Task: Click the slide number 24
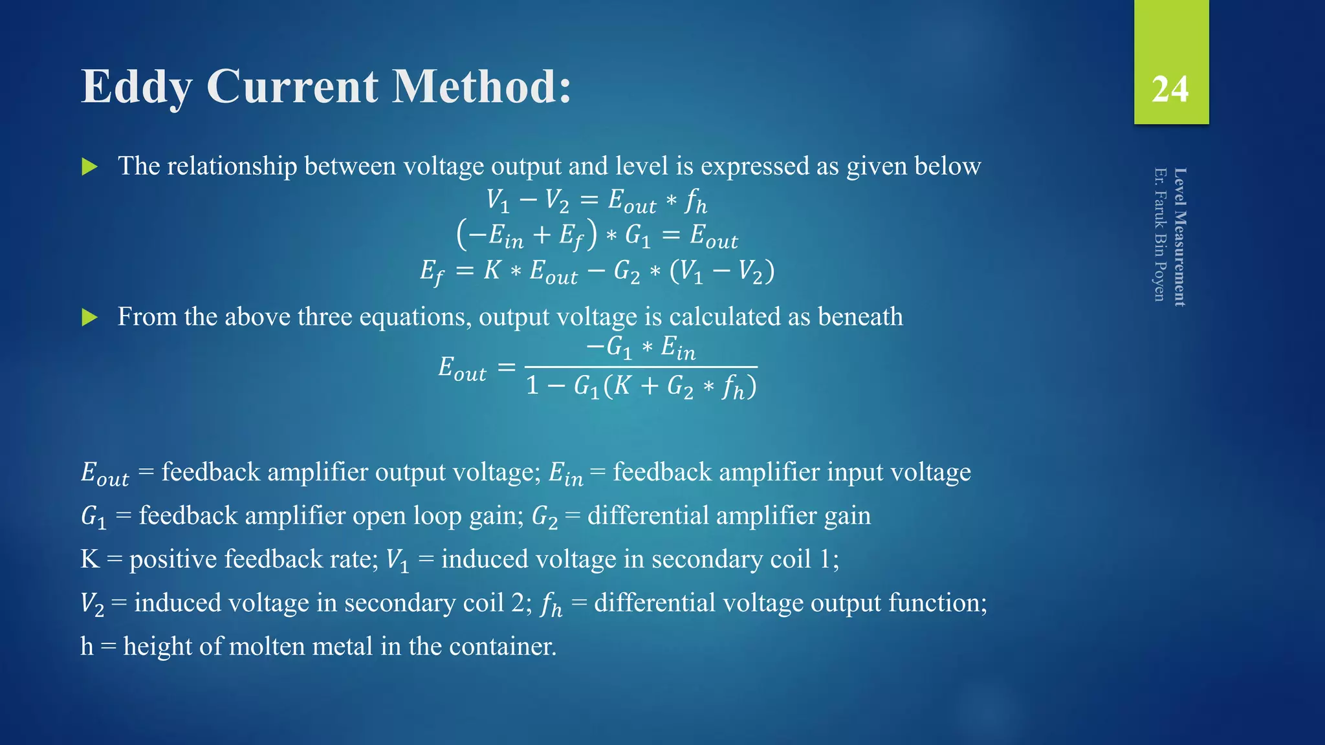pyautogui.click(x=1170, y=89)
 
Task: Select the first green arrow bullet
pyautogui.click(x=89, y=167)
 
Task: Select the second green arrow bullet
pyautogui.click(x=89, y=318)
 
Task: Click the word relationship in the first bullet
pyautogui.click(x=232, y=166)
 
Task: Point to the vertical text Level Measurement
pyautogui.click(x=1180, y=237)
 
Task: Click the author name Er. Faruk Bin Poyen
pyautogui.click(x=1160, y=234)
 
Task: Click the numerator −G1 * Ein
pyautogui.click(x=641, y=348)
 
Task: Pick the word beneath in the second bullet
pyautogui.click(x=860, y=317)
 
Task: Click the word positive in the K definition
pyautogui.click(x=173, y=559)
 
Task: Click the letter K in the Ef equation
pyautogui.click(x=492, y=270)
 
